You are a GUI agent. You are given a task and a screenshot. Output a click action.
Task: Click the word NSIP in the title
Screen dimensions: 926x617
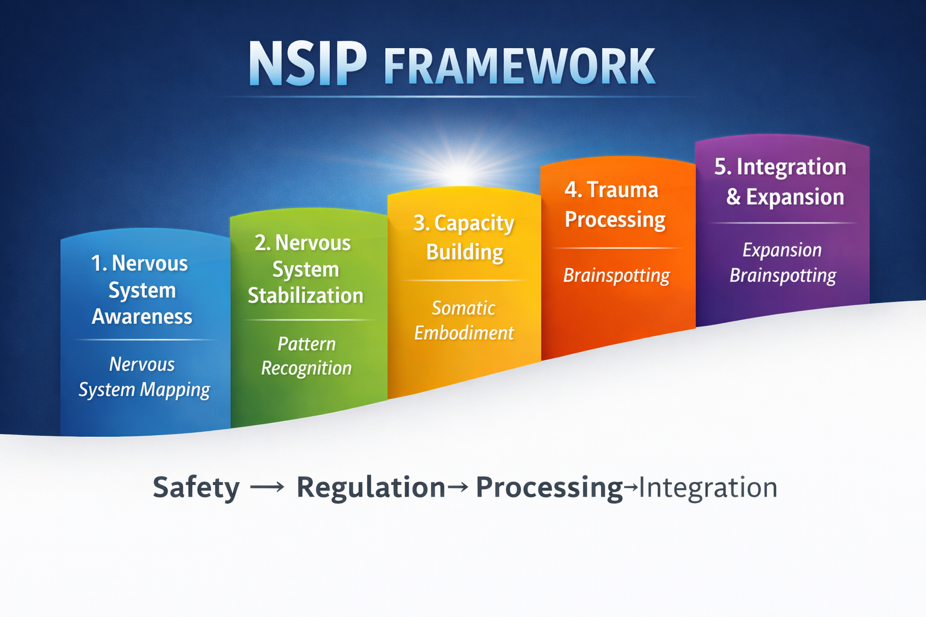[307, 64]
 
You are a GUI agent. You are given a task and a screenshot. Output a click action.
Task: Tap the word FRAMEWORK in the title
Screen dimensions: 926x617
[519, 66]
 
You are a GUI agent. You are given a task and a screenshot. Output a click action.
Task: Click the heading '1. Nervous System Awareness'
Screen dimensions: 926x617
[142, 290]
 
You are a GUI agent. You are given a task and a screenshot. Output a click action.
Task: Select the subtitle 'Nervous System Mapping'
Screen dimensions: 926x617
[144, 377]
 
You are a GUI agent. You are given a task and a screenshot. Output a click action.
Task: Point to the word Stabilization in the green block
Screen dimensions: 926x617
[306, 296]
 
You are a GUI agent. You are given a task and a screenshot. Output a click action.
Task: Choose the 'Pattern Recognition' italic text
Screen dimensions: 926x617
[306, 356]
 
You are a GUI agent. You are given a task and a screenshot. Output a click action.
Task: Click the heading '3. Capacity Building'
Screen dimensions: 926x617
[464, 237]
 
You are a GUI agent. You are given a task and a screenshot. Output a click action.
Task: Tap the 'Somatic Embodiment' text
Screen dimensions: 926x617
[464, 321]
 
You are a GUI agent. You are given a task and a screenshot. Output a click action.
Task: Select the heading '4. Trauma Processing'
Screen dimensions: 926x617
[614, 205]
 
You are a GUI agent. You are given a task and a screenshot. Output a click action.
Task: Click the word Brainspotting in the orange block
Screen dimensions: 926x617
[616, 276]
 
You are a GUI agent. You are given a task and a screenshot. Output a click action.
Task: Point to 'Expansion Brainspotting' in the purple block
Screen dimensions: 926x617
[783, 263]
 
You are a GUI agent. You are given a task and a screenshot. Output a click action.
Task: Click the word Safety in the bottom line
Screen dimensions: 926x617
[196, 487]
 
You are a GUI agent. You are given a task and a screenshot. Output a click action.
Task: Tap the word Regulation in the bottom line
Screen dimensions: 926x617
[371, 487]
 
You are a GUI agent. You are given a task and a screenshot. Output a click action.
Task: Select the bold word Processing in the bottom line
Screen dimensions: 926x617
[549, 487]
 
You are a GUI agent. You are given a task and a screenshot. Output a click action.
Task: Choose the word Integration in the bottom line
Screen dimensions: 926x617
[708, 487]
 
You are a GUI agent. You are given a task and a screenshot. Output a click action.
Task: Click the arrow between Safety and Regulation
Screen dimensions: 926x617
[267, 487]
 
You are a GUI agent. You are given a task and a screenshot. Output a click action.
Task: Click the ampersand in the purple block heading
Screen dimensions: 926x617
[733, 197]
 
